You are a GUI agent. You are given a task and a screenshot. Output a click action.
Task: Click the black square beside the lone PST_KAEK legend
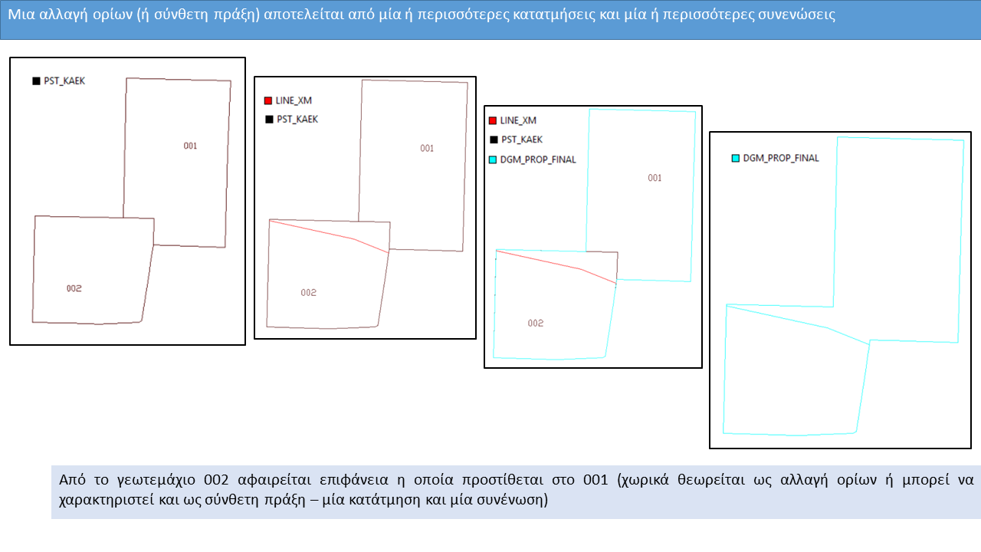click(x=36, y=80)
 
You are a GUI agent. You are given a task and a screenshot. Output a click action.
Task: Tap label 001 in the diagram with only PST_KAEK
click(x=190, y=146)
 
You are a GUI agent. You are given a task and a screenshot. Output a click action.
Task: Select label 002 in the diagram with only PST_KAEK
click(x=74, y=288)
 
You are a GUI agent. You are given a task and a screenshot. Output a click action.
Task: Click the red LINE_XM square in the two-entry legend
click(x=267, y=100)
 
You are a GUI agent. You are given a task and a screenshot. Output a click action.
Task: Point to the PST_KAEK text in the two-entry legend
click(x=297, y=120)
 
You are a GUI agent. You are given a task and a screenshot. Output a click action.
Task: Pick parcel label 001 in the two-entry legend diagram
click(x=427, y=149)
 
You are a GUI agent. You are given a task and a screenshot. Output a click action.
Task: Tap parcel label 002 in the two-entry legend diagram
click(x=308, y=293)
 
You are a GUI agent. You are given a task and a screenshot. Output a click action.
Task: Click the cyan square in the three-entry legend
click(x=492, y=159)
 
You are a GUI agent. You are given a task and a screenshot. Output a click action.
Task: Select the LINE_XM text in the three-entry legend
click(x=518, y=121)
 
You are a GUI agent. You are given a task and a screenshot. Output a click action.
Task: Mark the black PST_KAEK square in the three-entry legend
click(x=492, y=140)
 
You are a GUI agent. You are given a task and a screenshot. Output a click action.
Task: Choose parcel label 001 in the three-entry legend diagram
click(x=655, y=178)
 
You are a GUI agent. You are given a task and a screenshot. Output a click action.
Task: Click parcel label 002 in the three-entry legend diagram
click(x=535, y=323)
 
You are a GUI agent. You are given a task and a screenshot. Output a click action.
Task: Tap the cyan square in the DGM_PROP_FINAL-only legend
click(x=735, y=158)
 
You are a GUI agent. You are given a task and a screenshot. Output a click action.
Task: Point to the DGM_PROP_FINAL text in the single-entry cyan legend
click(x=781, y=158)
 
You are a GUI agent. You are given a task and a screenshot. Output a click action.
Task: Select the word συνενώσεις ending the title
click(x=797, y=15)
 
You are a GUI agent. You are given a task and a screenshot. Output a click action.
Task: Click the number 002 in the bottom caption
click(x=218, y=481)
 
